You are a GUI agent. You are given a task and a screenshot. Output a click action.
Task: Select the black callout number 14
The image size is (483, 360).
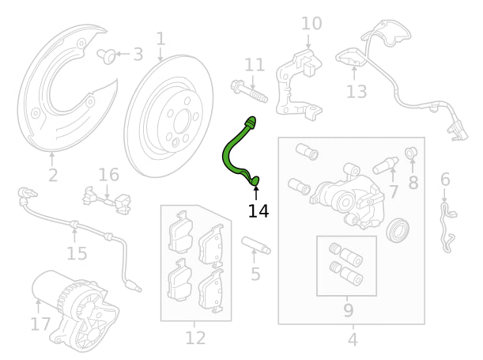point(258,211)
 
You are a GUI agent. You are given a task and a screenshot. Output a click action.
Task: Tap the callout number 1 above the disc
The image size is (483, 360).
point(160,39)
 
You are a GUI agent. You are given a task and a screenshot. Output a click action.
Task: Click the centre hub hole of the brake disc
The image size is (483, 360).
point(181,122)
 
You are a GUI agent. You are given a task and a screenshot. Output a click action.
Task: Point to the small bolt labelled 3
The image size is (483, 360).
point(107,56)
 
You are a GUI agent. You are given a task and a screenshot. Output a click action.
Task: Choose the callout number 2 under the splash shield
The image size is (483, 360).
point(53,176)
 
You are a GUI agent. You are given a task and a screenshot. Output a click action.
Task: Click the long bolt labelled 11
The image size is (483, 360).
point(249,91)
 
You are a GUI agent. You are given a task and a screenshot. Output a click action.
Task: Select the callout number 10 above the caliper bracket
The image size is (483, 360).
point(311,24)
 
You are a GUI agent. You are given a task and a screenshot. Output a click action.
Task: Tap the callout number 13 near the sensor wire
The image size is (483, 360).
point(357,92)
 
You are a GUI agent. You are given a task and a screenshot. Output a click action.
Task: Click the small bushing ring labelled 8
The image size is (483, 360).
point(411,152)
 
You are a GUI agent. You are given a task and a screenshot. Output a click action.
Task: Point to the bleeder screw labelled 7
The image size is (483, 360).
point(385,165)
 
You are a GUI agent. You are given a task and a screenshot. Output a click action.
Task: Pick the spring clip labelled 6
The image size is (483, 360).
point(448,227)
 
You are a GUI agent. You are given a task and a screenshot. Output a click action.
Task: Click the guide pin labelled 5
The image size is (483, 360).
point(256,245)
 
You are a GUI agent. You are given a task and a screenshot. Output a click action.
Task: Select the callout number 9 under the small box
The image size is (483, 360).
point(348,310)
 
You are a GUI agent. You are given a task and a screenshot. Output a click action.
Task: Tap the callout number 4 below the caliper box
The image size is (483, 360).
point(353,339)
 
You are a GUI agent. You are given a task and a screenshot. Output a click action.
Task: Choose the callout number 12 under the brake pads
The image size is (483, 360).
point(195,338)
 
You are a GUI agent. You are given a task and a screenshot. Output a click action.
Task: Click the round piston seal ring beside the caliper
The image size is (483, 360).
point(398,230)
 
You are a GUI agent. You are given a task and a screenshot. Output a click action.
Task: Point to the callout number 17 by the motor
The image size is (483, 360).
point(40,324)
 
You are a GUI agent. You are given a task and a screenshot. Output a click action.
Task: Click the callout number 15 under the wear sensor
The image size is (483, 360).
point(77,254)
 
